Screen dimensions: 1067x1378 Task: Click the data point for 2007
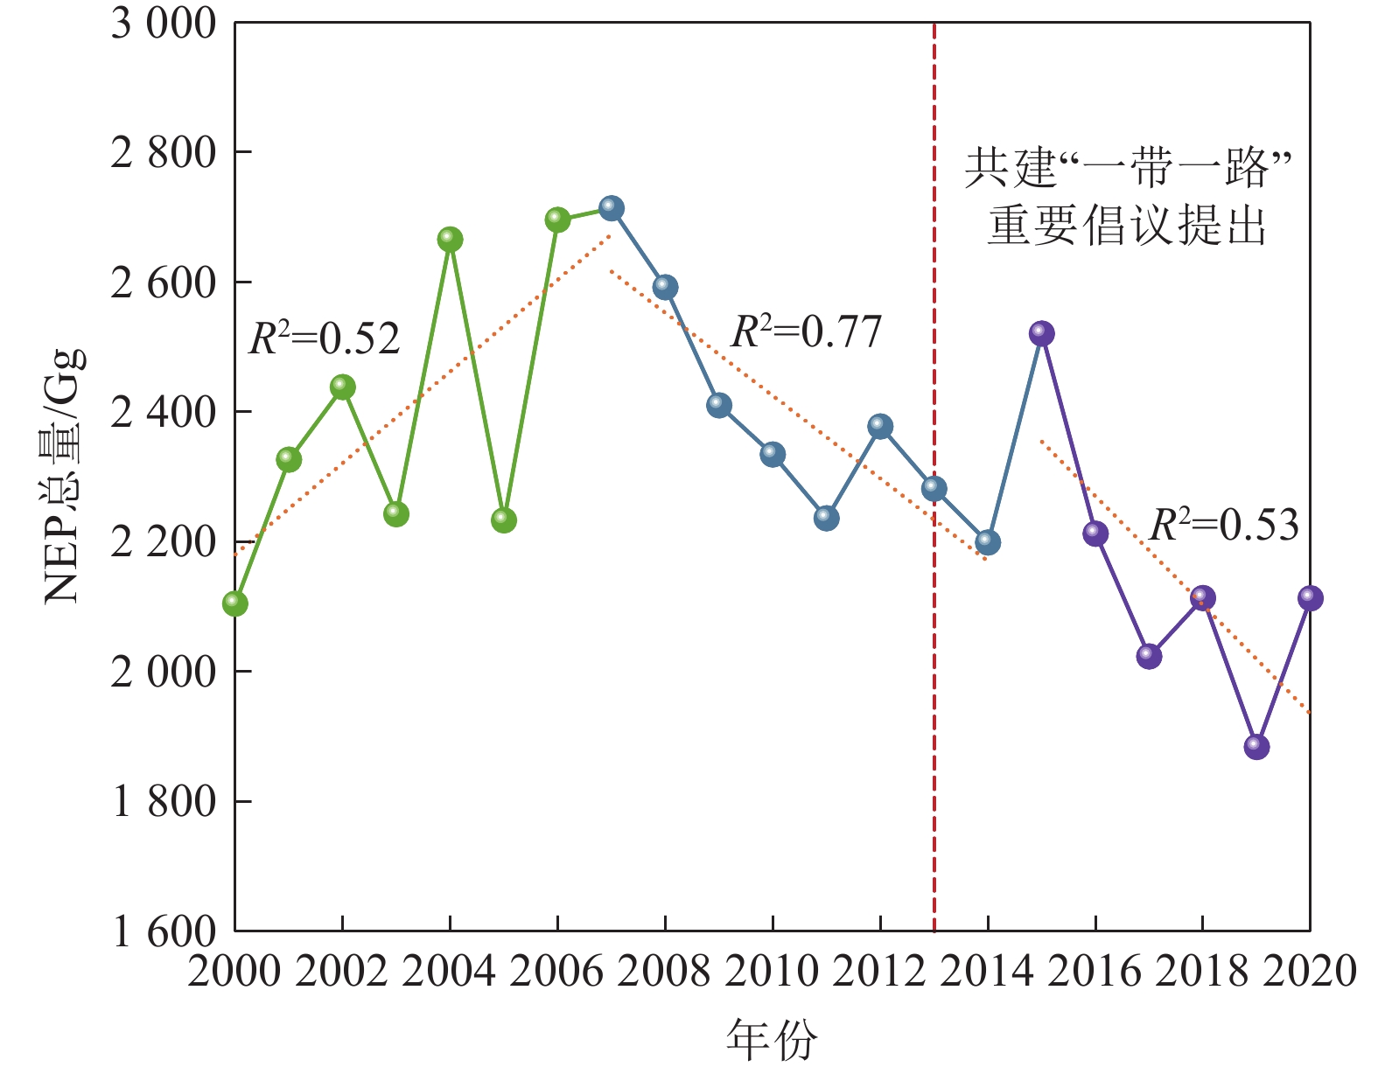[612, 208]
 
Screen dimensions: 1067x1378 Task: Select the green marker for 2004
[450, 239]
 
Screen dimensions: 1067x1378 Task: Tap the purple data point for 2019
[1256, 746]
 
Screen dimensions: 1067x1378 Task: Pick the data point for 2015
[1041, 333]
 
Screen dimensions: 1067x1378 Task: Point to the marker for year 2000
[235, 603]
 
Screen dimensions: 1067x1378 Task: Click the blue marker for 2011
[826, 518]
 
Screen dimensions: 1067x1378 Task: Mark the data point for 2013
[934, 488]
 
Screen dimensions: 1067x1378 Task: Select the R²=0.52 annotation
[325, 338]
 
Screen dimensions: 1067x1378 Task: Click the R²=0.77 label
[806, 332]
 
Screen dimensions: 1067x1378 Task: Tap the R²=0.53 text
[1223, 525]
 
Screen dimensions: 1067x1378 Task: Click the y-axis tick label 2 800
[163, 153]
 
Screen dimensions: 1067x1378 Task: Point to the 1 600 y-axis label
[163, 932]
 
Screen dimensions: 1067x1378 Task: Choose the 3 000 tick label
[163, 24]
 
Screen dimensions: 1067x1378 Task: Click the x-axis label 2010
[773, 972]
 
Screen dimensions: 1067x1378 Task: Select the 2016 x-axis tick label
[1095, 972]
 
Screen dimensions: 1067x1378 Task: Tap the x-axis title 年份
[772, 1039]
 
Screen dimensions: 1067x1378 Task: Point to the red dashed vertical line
[934, 700]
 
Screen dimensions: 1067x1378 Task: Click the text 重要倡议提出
[1127, 226]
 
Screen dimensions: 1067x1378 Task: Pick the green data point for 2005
[504, 520]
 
